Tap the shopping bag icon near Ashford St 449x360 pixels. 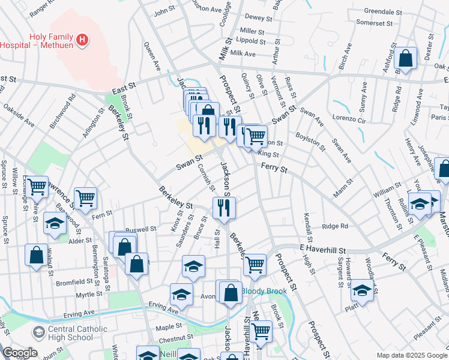click(x=406, y=58)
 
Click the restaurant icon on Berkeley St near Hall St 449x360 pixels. click(x=223, y=208)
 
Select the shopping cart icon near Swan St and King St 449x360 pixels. click(x=256, y=136)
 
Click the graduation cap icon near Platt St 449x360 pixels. click(x=362, y=290)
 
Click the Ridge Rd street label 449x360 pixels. click(x=335, y=226)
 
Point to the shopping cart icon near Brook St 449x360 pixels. click(x=261, y=330)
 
